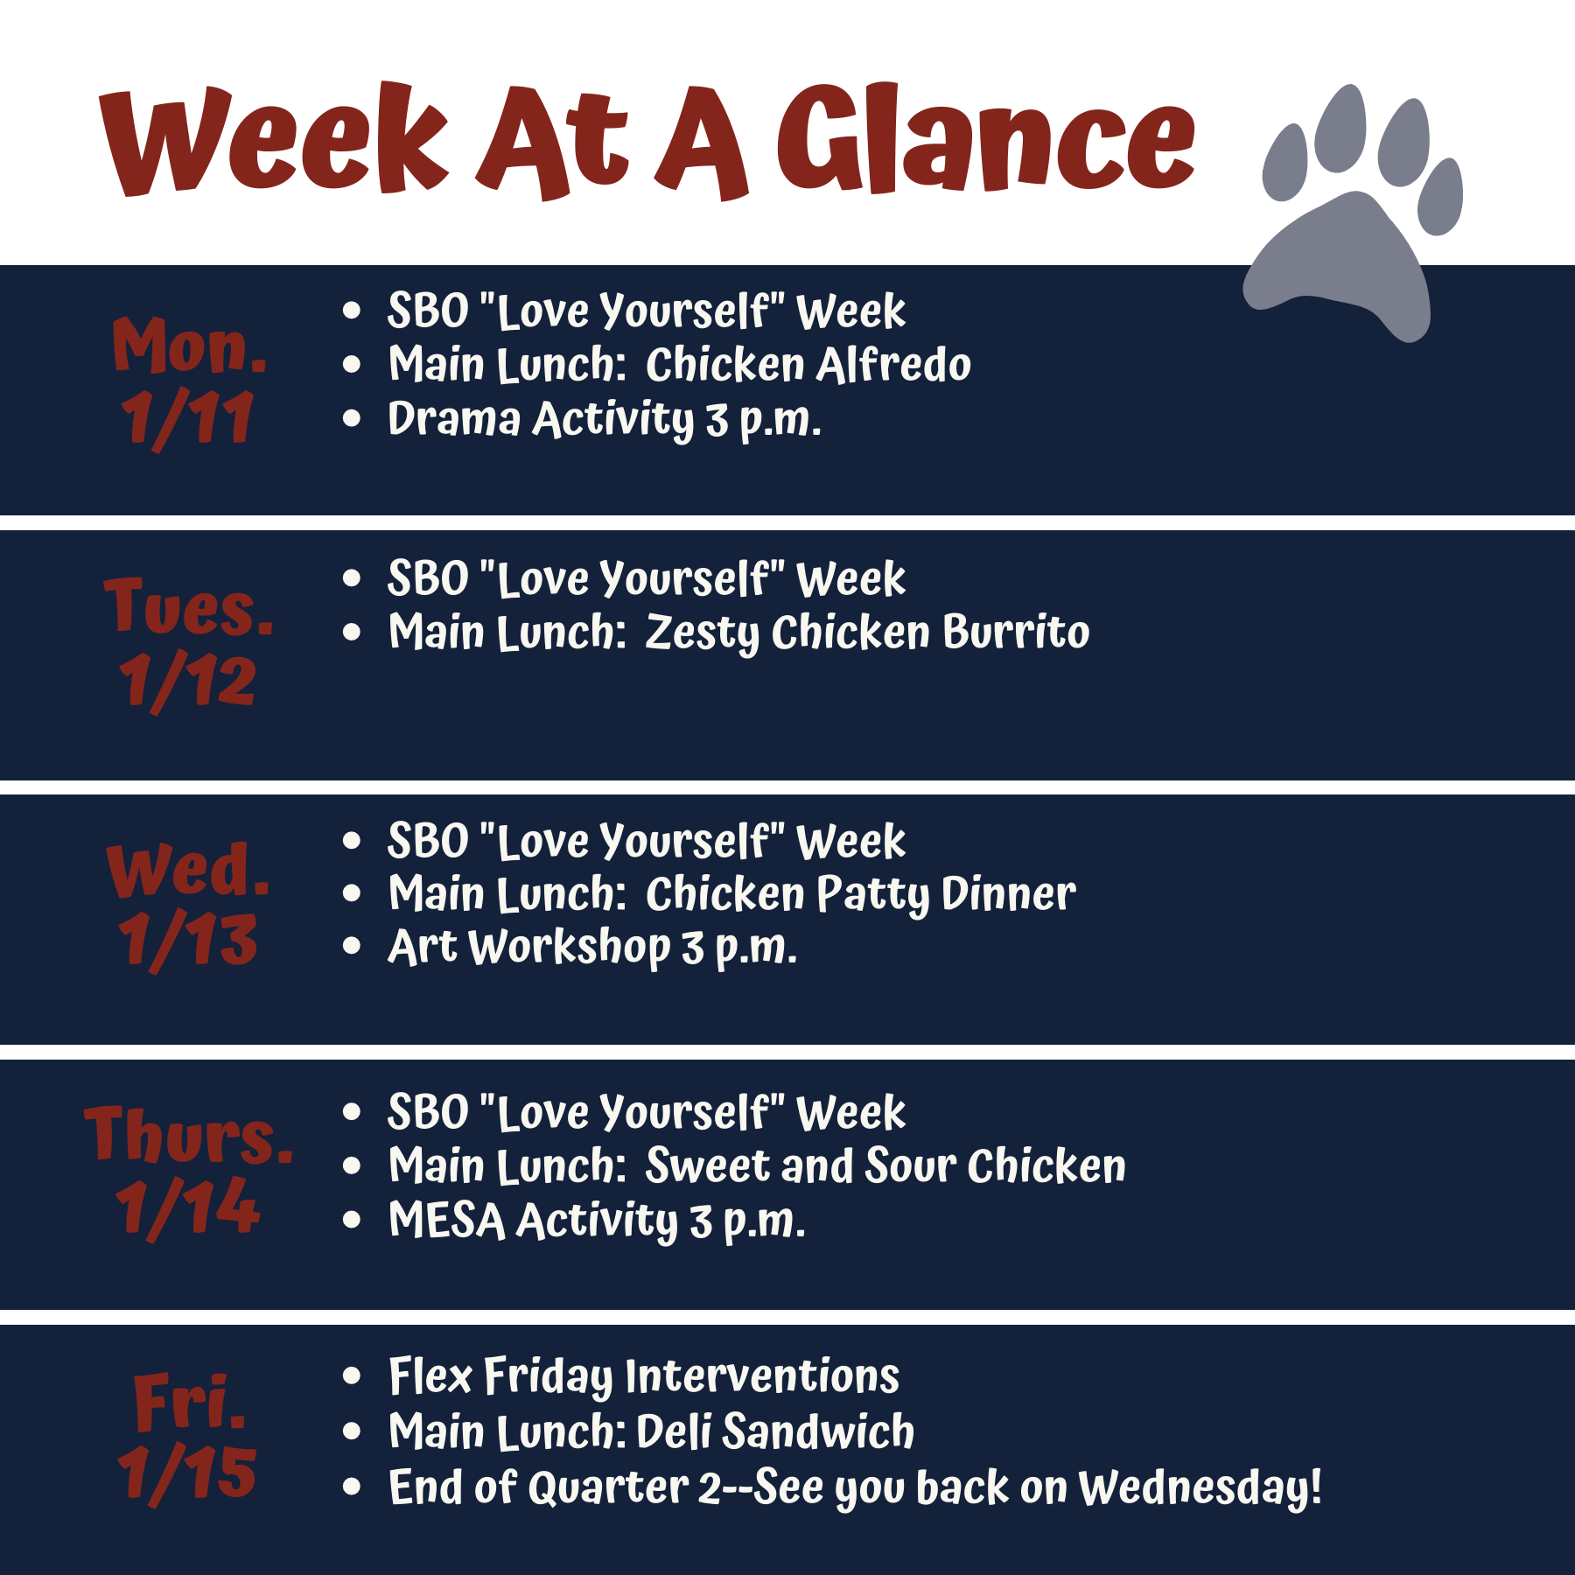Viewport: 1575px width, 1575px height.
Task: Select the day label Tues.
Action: point(189,605)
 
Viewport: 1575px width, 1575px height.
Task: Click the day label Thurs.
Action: point(189,1134)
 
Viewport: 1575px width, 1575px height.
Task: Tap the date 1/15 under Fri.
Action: point(187,1473)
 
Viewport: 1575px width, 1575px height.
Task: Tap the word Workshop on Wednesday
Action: point(570,948)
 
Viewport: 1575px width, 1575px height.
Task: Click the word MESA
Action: point(446,1220)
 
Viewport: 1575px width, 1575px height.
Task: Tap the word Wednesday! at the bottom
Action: point(1200,1488)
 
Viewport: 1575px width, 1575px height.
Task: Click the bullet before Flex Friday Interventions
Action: point(352,1376)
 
